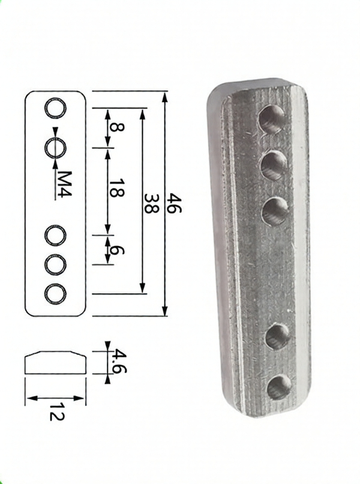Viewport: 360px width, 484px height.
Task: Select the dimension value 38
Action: [x=152, y=204]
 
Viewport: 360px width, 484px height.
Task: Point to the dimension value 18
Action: [x=118, y=188]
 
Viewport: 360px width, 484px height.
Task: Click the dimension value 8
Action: [x=118, y=127]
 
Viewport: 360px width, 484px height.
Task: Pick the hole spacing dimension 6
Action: [x=118, y=251]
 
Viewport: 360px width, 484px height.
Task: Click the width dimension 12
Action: [x=57, y=411]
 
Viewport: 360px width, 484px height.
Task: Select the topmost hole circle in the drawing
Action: [x=56, y=109]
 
